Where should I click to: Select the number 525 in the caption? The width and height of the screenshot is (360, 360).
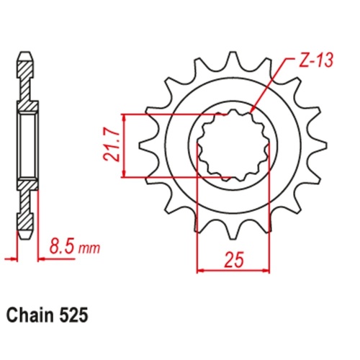tap(78, 315)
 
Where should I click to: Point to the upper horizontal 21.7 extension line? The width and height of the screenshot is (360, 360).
tap(173, 114)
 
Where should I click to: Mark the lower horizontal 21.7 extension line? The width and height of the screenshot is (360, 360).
tap(173, 175)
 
